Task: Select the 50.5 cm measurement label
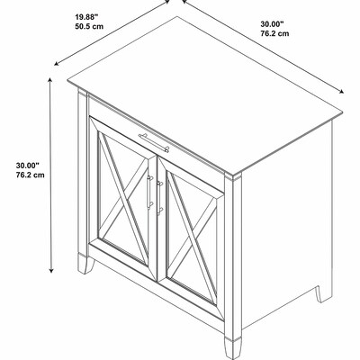point(89,26)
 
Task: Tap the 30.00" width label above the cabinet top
point(272,24)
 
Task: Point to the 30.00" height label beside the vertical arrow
point(28,166)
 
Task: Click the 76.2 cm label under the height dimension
point(31,175)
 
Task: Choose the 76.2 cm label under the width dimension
point(274,33)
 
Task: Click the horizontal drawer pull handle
point(154,143)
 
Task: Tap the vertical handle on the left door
point(149,192)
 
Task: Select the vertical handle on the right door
point(160,198)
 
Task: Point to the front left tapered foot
point(85,263)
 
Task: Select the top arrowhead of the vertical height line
point(50,80)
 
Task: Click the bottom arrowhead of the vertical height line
point(51,270)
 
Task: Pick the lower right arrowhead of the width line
point(341,92)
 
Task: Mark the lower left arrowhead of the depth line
point(57,64)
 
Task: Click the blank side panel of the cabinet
point(286,222)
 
